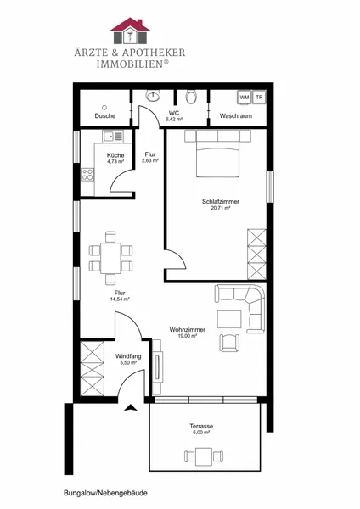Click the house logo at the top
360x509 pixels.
point(130,31)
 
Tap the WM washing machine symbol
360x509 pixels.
point(245,98)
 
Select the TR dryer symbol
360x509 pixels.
point(259,97)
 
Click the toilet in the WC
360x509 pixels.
point(191,97)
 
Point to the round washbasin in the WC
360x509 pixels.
point(153,95)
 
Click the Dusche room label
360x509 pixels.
point(105,116)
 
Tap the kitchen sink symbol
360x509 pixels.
point(113,136)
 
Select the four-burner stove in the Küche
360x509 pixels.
point(87,175)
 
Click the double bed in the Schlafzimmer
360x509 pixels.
point(217,154)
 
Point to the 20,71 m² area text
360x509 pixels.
point(221,208)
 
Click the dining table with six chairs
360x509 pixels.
point(110,258)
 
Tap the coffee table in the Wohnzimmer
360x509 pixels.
point(229,319)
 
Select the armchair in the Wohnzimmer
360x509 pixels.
point(230,343)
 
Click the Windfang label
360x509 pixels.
point(128,356)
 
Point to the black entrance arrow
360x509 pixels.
point(131,408)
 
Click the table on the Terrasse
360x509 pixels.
point(204,456)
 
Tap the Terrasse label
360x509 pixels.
point(201,426)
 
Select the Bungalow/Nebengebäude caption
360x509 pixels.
point(105,493)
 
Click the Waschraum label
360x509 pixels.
point(236,116)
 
